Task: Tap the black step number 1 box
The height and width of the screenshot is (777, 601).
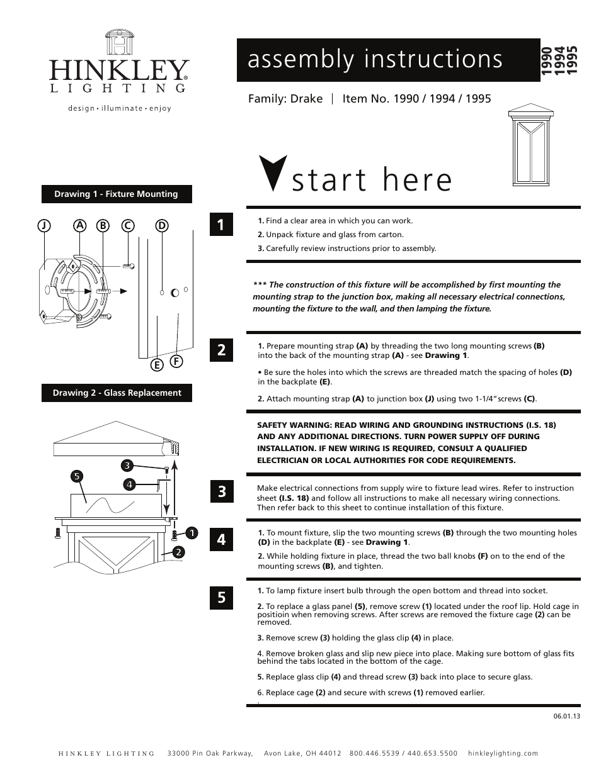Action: [221, 225]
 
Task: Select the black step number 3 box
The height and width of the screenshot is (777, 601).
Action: [221, 491]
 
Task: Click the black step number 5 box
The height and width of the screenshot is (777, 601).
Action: [221, 597]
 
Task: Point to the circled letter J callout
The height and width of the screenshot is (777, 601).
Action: [43, 225]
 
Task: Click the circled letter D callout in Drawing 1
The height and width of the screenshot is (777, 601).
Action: [162, 225]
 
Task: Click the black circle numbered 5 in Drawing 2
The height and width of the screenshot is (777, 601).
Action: [77, 476]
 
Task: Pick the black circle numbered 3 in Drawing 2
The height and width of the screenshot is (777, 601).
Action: [127, 466]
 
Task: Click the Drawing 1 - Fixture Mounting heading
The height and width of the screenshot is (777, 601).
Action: [117, 194]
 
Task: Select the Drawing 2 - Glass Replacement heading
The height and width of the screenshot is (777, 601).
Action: [117, 393]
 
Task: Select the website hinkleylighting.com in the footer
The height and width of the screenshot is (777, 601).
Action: [503, 753]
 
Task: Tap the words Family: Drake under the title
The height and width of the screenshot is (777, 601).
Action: [285, 99]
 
